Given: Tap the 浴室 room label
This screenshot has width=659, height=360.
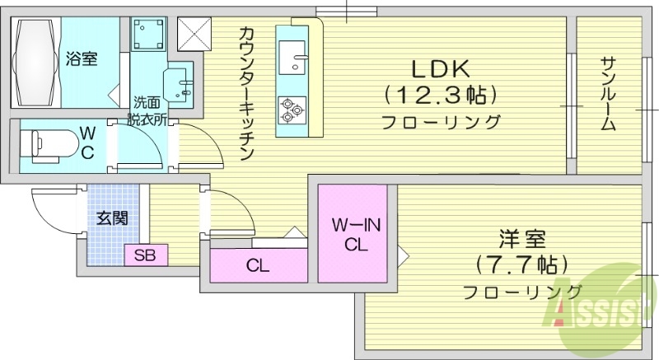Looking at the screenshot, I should (x=82, y=58).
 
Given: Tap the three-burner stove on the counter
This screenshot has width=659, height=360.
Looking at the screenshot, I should (x=292, y=110).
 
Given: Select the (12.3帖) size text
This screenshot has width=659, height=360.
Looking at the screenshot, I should (x=441, y=95).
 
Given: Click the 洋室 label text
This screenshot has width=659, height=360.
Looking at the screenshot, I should (x=521, y=241).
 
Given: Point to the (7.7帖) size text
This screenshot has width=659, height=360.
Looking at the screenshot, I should (x=521, y=265).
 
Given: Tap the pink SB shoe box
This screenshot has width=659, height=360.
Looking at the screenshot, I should (x=147, y=255).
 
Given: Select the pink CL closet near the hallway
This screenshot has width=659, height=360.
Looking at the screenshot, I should (x=257, y=266).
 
